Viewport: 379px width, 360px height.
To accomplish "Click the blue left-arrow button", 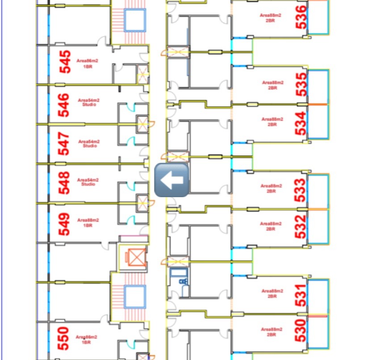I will pos(171,180).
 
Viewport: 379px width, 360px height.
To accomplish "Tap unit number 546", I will pos(65,105).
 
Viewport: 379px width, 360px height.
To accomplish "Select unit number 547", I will pos(65,144).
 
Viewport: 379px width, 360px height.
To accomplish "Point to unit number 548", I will pos(65,183).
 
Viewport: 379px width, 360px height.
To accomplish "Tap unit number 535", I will pos(302,84).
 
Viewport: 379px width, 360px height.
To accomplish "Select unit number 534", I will pos(302,123).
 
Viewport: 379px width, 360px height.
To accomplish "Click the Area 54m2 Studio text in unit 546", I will pos(88,103).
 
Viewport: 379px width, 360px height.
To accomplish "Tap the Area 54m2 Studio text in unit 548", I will pos(88,182).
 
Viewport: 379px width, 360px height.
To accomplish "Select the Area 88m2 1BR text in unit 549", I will pos(88,223).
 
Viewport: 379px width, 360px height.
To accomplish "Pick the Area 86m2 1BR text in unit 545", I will pos(87,63).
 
